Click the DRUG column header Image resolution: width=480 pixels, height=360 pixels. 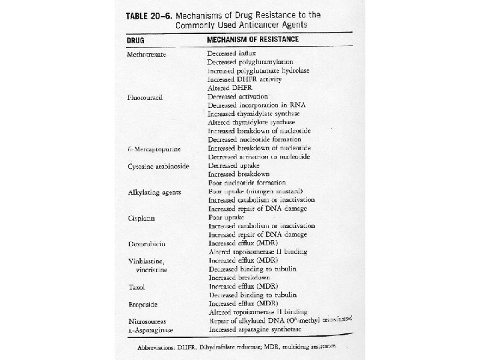point(137,40)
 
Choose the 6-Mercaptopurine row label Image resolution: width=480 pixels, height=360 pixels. point(153,147)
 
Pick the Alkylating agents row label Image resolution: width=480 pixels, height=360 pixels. point(153,193)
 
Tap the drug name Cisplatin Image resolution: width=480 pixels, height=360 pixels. point(142,218)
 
